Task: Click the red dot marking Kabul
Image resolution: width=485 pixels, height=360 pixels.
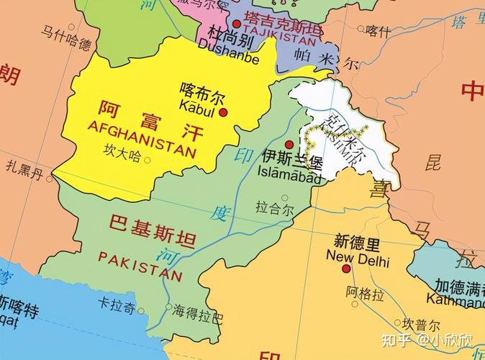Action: point(223,113)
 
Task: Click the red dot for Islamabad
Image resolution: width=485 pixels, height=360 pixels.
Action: point(289,144)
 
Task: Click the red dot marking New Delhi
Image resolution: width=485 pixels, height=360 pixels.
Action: point(346,269)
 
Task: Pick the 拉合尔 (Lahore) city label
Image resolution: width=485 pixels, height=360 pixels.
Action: point(274,210)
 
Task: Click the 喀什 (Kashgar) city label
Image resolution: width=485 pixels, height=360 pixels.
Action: point(378,30)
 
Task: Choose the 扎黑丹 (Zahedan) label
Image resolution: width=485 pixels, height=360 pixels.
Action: point(24,171)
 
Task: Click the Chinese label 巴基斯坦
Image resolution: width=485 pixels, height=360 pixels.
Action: point(152,222)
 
